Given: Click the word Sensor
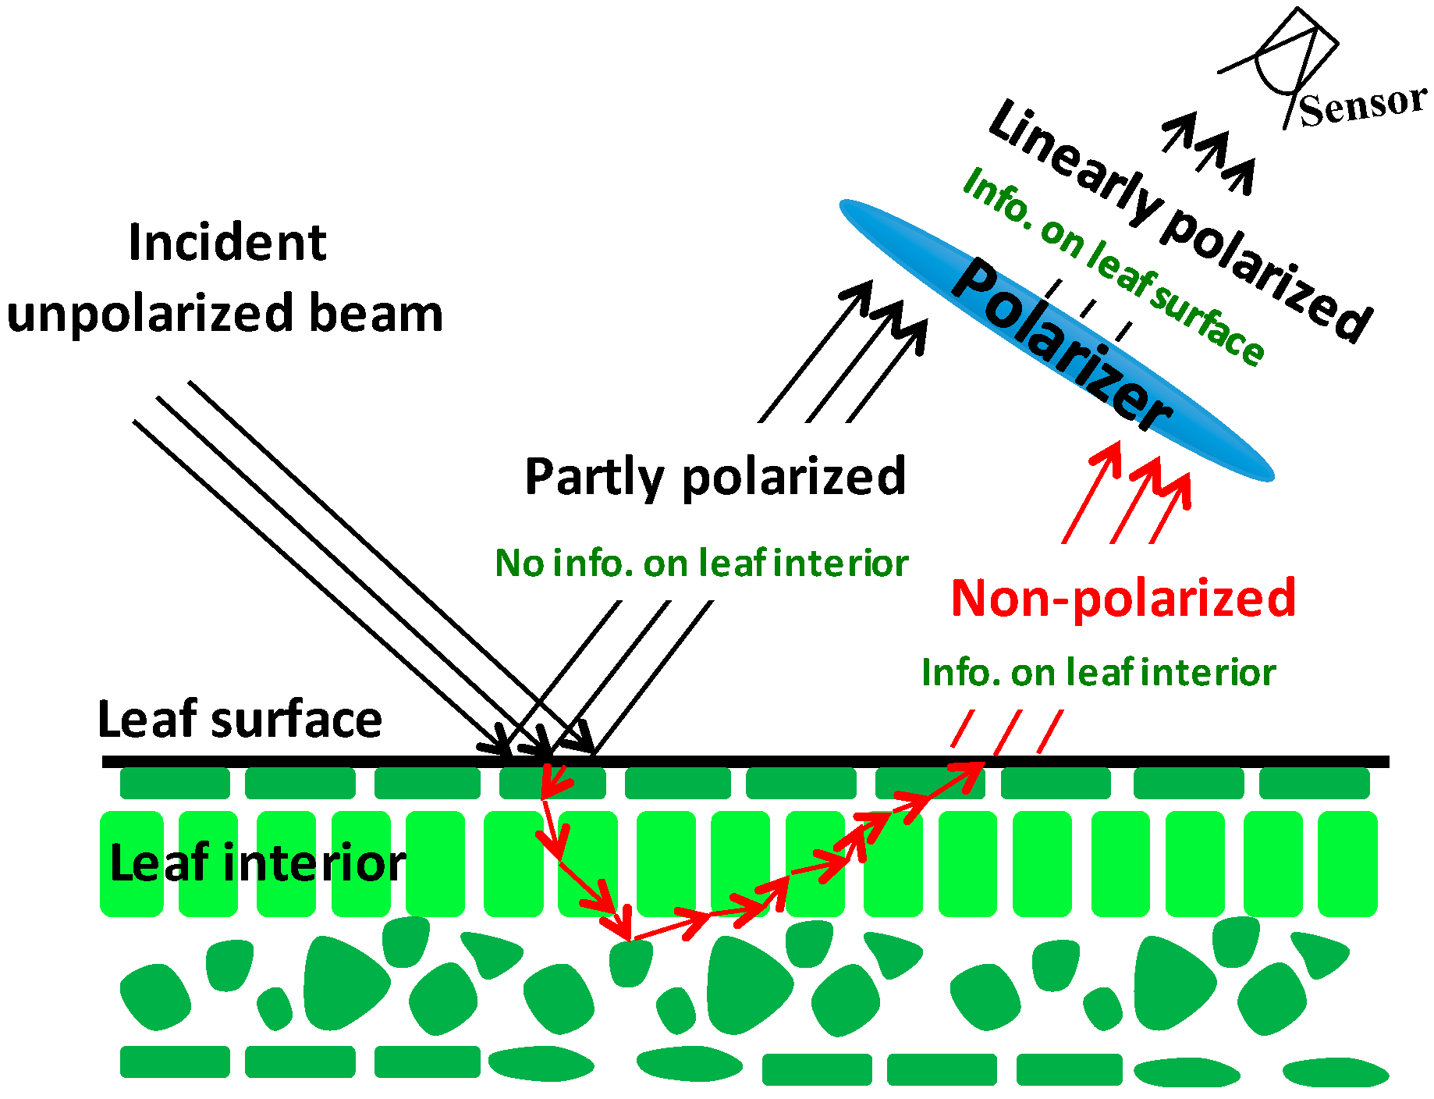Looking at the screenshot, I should tap(1361, 105).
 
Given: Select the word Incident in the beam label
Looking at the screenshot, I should tap(227, 243).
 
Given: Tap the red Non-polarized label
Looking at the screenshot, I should tap(1123, 599).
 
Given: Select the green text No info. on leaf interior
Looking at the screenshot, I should tap(701, 563).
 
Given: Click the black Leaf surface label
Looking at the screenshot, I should tap(240, 719).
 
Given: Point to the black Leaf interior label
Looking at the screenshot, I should tap(257, 862).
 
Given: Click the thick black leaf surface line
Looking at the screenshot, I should tap(780, 762).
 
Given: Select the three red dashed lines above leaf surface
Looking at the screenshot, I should tap(1006, 731).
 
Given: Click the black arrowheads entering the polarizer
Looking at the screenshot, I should tap(886, 312).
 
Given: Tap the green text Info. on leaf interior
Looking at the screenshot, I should tap(1098, 673).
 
